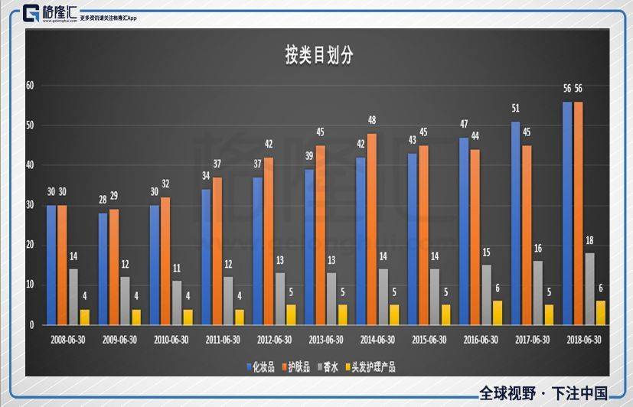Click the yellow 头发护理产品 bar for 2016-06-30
(498, 312)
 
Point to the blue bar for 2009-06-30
(103, 269)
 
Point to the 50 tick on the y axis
(31, 125)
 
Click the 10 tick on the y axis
(31, 285)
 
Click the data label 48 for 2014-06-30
(372, 121)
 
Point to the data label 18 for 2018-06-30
(589, 240)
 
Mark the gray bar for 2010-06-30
(177, 302)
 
